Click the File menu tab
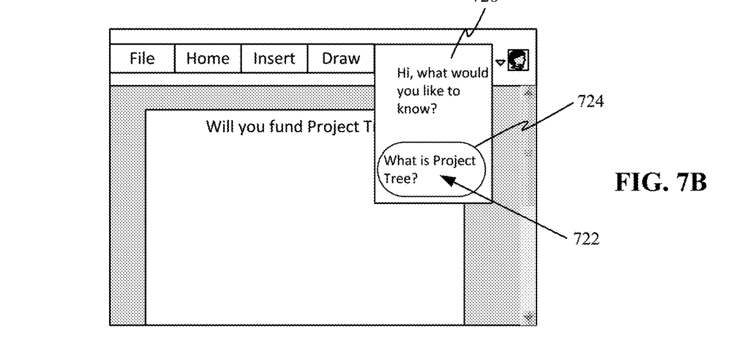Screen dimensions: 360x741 coord(142,59)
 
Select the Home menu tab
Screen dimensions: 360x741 coord(208,59)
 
